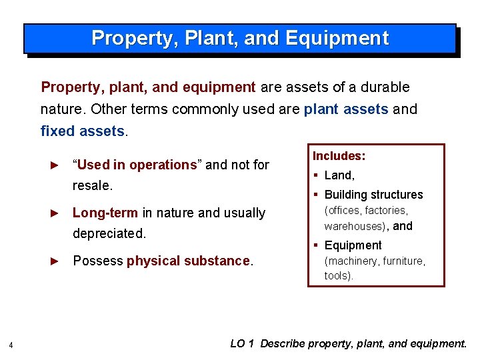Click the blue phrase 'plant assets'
point(346,109)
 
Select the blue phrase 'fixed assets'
point(83,131)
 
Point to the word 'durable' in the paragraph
point(385,87)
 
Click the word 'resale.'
point(93,185)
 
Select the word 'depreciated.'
point(109,234)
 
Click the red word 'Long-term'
point(105,213)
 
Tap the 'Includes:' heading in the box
point(339,156)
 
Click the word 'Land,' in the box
point(339,175)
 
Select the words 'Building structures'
point(373,195)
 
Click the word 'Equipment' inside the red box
point(353,245)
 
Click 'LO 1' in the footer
point(242,344)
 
